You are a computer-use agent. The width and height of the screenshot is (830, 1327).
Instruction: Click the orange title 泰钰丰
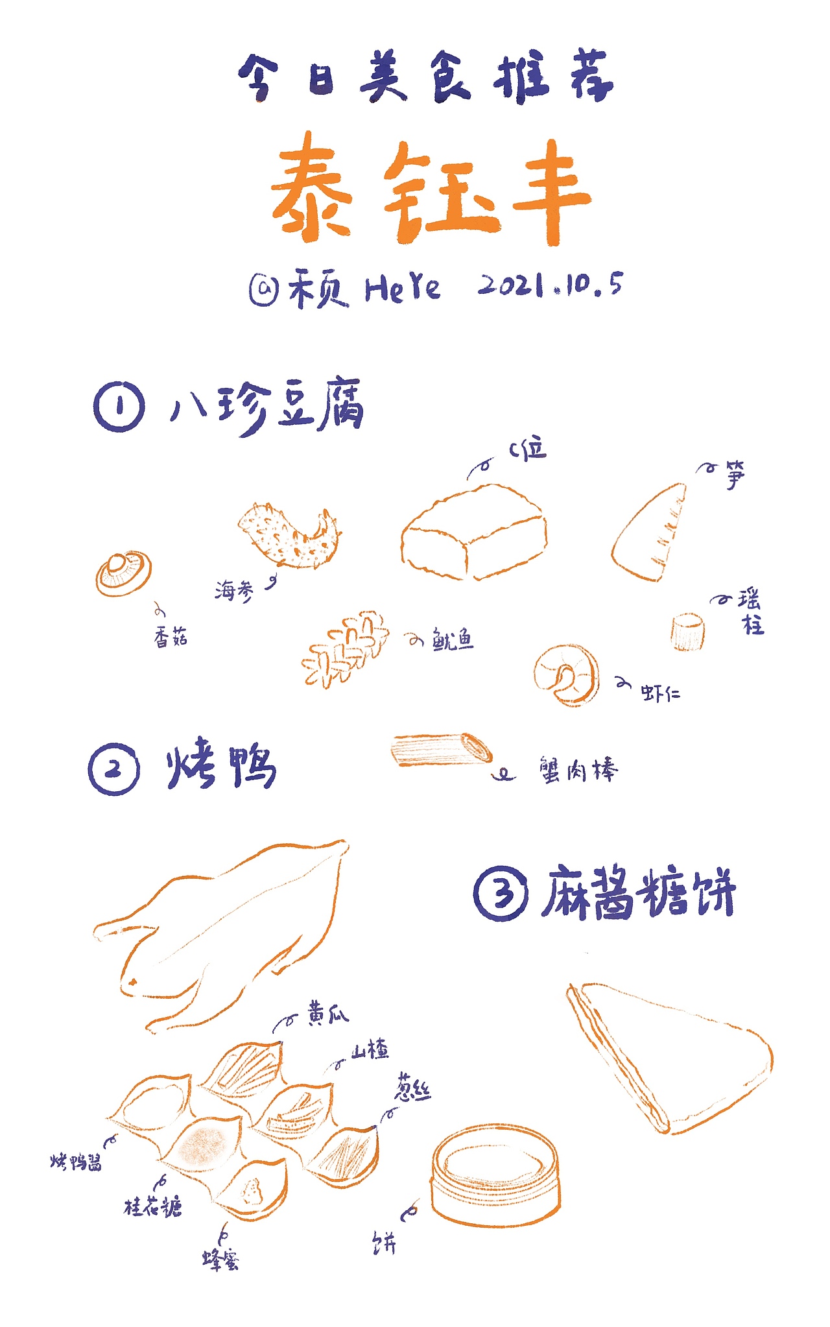point(431,191)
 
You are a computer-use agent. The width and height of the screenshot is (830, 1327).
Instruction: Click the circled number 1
point(119,407)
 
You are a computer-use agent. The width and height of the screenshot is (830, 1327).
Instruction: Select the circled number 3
point(500,893)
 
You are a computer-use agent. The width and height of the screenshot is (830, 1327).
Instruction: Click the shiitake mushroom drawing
point(123,573)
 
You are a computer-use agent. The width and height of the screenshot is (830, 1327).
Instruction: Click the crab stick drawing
point(441,750)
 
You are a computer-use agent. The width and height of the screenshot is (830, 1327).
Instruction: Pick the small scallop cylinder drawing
point(687,631)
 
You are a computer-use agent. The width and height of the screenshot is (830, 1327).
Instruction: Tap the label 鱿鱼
point(453,640)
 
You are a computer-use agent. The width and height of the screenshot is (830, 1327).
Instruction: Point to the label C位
point(528,449)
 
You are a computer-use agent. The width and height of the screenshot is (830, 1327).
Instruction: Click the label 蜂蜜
point(220,1260)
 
